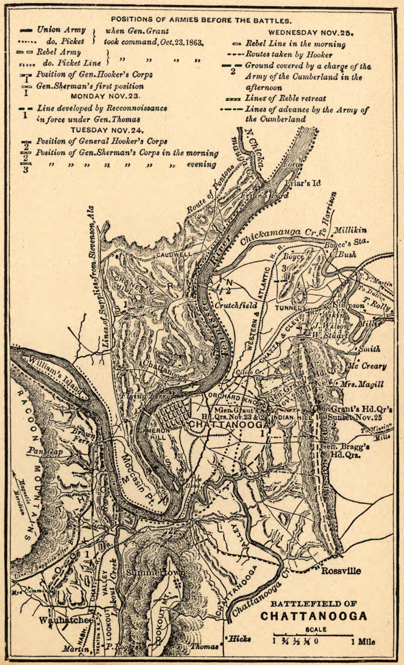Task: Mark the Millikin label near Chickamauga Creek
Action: (x=350, y=230)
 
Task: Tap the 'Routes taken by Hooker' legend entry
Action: (x=288, y=55)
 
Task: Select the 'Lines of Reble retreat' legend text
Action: (x=285, y=99)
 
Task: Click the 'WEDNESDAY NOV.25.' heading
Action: (x=311, y=33)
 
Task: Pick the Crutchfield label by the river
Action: (x=236, y=305)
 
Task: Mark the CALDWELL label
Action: (x=174, y=254)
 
